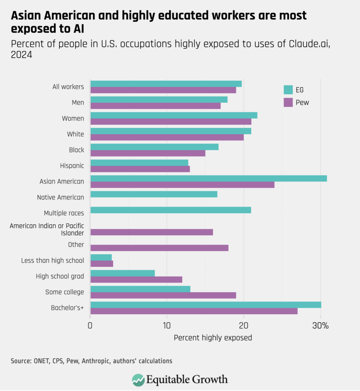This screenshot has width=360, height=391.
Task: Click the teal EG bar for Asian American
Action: [x=208, y=178]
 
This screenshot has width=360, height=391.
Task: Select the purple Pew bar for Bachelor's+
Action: [x=194, y=311]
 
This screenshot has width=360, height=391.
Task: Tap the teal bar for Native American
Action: [x=154, y=194]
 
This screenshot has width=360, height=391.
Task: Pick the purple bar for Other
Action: [x=159, y=248]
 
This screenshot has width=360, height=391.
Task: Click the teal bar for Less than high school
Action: [x=101, y=257]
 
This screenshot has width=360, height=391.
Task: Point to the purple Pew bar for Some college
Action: [x=163, y=295]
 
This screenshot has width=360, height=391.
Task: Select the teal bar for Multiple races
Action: [x=170, y=210]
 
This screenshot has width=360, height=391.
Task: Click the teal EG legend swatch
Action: [x=288, y=90]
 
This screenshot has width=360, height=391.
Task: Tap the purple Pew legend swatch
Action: [x=288, y=102]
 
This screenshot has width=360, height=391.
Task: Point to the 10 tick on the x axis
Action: [x=167, y=326]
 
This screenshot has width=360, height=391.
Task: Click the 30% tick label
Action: [x=320, y=326]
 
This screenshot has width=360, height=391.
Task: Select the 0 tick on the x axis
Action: [x=90, y=326]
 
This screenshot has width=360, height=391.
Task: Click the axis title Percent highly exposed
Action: [x=213, y=338]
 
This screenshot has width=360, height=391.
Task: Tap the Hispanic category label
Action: [x=72, y=166]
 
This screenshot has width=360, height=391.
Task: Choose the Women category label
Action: [x=73, y=118]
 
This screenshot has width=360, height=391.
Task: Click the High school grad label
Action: [x=60, y=276]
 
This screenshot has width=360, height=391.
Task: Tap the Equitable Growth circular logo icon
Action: [x=138, y=380]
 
